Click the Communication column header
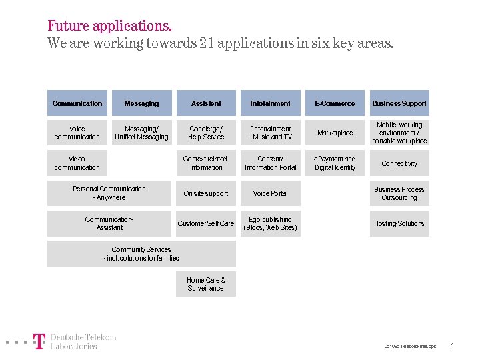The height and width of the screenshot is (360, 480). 77,103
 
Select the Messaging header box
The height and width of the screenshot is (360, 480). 141,103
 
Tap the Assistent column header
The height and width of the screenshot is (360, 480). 206,103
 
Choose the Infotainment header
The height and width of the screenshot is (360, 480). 270,103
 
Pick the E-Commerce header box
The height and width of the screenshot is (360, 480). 335,103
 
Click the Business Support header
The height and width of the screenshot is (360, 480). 399,103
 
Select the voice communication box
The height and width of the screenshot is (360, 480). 77,133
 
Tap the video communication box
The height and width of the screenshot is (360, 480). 77,163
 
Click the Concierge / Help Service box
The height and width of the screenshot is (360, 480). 206,133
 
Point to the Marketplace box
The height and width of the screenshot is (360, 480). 335,133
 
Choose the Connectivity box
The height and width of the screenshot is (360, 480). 399,163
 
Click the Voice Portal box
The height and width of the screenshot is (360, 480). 270,193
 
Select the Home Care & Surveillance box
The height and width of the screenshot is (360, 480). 206,284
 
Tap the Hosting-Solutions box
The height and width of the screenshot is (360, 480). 399,223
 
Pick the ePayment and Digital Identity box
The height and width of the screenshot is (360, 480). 335,163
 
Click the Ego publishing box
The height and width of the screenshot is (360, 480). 270,223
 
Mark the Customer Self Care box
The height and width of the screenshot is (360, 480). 206,223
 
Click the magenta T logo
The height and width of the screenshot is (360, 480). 40,341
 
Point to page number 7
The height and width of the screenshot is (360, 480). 451,345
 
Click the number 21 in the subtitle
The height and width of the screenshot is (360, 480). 205,44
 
